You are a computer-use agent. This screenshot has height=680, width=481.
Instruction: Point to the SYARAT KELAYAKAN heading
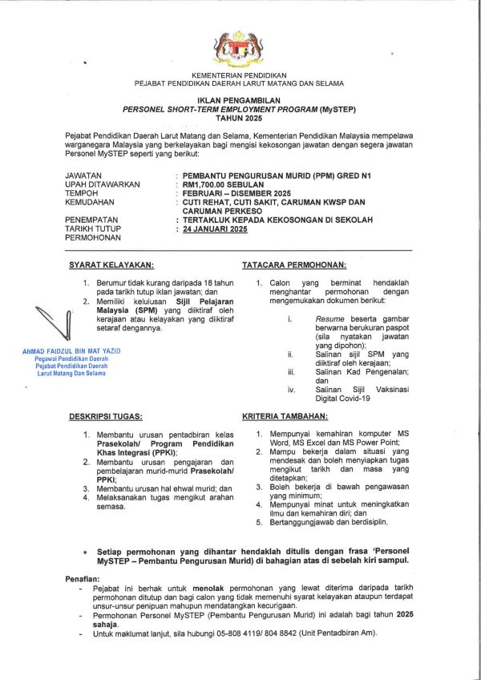[x=111, y=265]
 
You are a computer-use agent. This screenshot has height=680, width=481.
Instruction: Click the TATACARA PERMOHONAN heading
[x=293, y=265]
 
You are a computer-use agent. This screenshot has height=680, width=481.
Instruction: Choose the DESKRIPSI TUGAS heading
[x=106, y=417]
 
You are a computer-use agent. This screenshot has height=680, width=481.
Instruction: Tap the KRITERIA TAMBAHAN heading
[x=285, y=417]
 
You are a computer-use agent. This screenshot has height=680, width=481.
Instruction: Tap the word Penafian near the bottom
[x=81, y=579]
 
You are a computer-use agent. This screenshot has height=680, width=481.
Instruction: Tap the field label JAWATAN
[x=83, y=174]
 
